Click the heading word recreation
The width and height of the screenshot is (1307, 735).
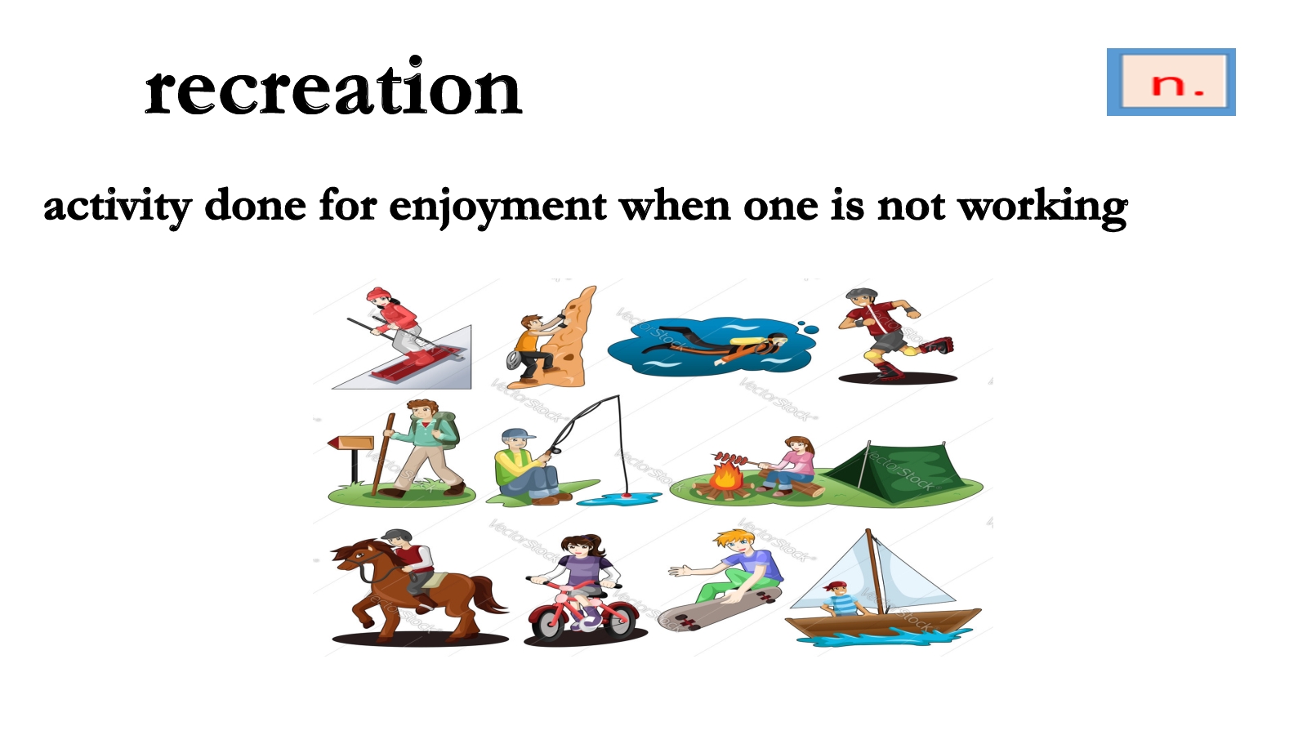pos(333,87)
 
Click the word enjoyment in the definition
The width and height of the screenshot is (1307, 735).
pos(497,207)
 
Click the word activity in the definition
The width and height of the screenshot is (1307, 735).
pos(118,207)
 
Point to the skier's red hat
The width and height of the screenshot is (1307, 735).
pos(378,293)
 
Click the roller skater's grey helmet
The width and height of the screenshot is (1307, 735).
pos(861,293)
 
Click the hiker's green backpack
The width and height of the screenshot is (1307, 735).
pos(444,430)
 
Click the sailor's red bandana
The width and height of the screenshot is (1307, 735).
pos(835,586)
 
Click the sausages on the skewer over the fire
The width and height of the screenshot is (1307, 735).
pos(730,458)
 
